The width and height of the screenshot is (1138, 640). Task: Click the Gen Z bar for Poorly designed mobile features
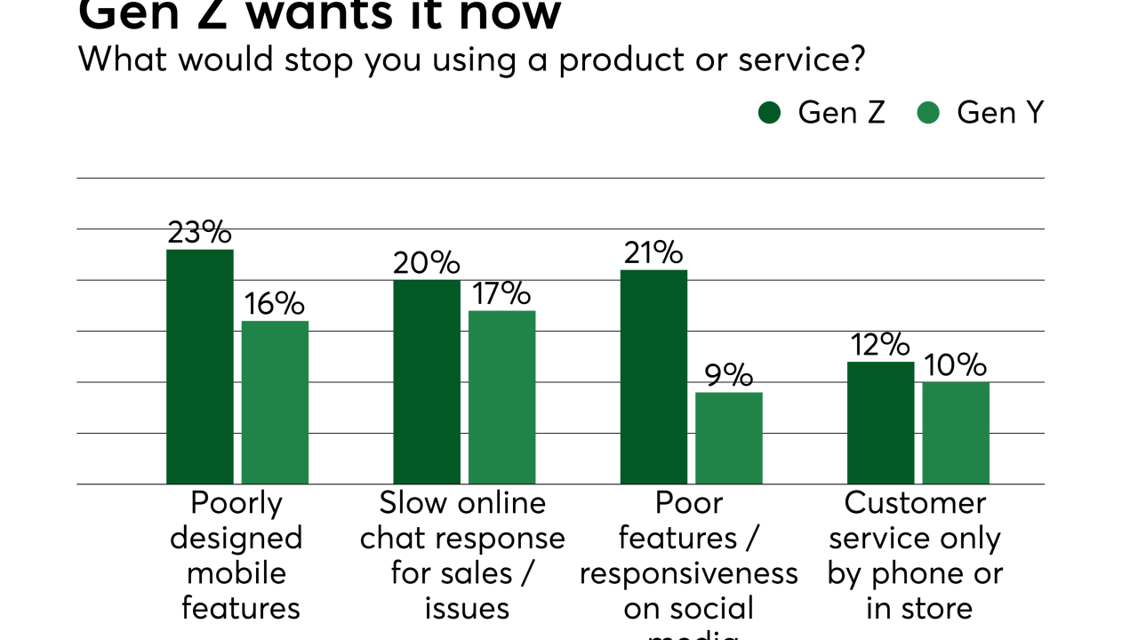[x=200, y=366]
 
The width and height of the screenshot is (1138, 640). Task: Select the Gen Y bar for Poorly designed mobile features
[x=275, y=402]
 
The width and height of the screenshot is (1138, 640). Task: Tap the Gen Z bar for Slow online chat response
[x=427, y=382]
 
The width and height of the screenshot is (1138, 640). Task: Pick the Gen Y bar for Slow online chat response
[x=501, y=397]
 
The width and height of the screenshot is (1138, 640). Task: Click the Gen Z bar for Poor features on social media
[x=653, y=377]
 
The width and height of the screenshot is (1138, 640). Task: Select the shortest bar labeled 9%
[x=728, y=438]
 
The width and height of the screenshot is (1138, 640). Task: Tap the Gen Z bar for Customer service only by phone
[x=880, y=423]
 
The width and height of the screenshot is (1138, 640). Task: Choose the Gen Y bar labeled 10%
[x=956, y=433]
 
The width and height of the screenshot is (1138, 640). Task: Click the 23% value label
[x=200, y=232]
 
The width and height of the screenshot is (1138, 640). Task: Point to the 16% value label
[x=275, y=304]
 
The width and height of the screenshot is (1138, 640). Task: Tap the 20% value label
[x=427, y=263]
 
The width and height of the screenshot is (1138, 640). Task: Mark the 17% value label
[x=501, y=293]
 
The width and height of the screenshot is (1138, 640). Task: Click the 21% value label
[x=653, y=253]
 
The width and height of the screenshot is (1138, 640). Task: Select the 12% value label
[x=880, y=345]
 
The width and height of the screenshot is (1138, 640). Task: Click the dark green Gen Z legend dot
[x=769, y=113]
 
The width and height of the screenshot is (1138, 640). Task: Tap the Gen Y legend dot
[x=928, y=113]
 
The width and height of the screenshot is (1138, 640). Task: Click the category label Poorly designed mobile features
[x=236, y=556]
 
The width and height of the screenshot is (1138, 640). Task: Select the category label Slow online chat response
[x=462, y=556]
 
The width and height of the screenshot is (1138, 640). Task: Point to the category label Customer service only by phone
[x=915, y=556]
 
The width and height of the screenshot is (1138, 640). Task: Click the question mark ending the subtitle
[x=856, y=60]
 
